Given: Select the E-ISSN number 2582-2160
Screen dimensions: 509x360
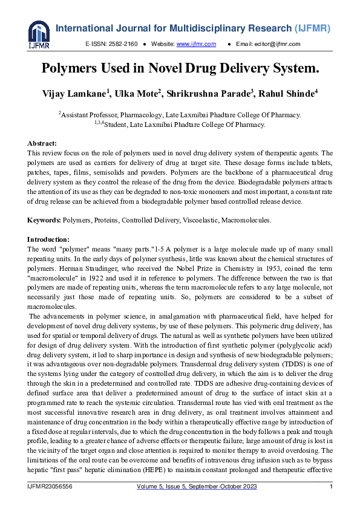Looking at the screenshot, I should [x=123, y=44].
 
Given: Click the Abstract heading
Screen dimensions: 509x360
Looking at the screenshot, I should [x=42, y=143].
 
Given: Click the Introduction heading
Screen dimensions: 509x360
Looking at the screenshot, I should [x=48, y=239].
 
